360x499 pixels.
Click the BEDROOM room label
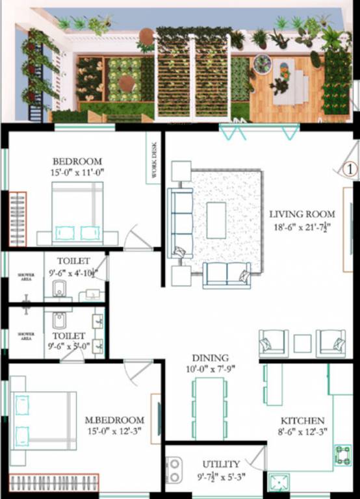tap(77, 161)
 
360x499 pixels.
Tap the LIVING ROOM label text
tap(302, 214)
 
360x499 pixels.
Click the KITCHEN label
tap(302, 420)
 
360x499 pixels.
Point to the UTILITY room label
tap(221, 464)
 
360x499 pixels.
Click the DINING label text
tap(210, 358)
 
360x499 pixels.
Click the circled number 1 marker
tap(350, 169)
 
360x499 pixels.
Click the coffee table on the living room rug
tap(216, 220)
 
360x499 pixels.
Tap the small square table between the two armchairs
tap(302, 342)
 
